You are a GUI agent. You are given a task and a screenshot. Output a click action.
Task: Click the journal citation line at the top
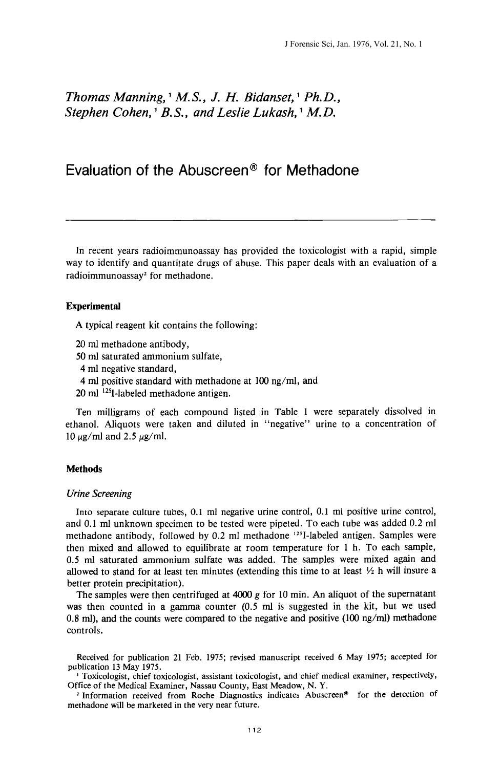[353, 45]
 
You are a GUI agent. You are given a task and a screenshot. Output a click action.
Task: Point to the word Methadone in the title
[322, 170]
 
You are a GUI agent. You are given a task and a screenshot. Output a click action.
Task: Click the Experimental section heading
[93, 306]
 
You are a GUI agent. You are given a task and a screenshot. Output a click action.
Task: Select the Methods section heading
[84, 469]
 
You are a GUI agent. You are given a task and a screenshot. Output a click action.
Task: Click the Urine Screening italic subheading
[99, 494]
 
